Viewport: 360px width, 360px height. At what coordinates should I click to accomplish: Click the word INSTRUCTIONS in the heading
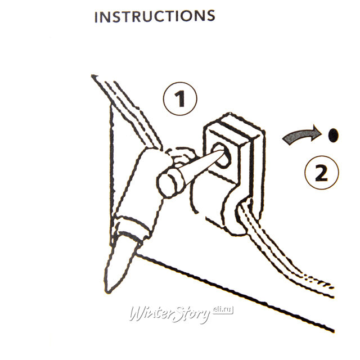[155, 16]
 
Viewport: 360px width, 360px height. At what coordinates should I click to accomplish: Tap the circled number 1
[180, 99]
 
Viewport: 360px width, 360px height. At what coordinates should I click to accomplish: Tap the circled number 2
[321, 173]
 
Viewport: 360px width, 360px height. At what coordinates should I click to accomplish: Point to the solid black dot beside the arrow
[333, 135]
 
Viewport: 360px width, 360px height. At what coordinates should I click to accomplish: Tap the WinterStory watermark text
[170, 314]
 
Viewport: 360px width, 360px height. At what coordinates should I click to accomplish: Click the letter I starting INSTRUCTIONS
[96, 17]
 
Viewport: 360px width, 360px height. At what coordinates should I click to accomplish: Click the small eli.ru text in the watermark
[223, 310]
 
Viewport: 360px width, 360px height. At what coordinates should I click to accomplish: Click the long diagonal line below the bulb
[234, 291]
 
